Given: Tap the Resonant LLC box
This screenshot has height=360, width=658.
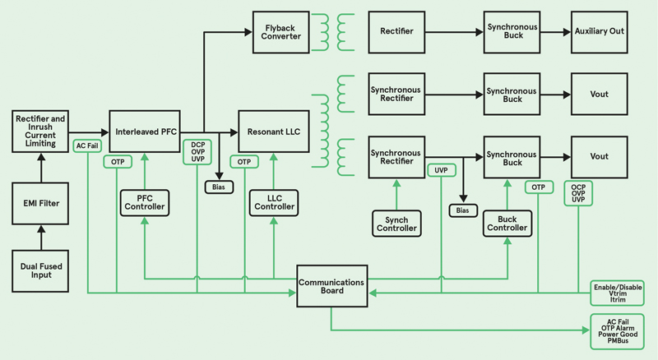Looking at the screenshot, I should [x=273, y=132].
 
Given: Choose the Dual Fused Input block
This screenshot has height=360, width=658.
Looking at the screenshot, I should [x=39, y=269].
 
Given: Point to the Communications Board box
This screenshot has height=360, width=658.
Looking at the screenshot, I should [x=331, y=288].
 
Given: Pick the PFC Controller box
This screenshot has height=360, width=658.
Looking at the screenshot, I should [x=145, y=201].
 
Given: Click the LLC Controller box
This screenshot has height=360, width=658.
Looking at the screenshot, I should [x=273, y=201].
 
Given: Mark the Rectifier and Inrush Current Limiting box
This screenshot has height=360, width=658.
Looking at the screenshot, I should [x=39, y=132].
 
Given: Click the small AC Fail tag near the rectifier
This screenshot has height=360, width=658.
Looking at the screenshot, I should [x=87, y=145].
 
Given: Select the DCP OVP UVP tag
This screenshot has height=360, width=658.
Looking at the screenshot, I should [x=197, y=152].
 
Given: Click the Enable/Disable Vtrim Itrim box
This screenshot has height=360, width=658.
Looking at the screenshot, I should [x=616, y=293].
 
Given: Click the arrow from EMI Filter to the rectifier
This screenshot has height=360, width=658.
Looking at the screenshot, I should [x=39, y=168].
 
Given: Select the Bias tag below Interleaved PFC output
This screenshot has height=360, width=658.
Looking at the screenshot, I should [x=219, y=187].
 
